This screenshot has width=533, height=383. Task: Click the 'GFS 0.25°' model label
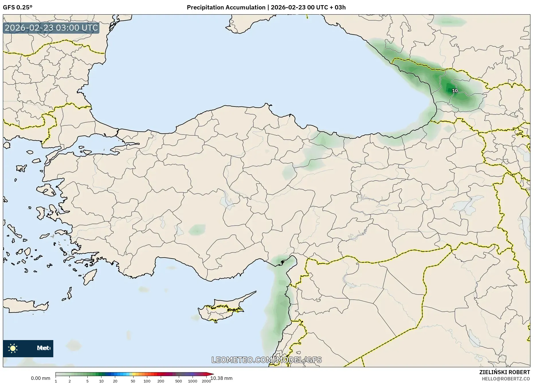pyautogui.click(x=17, y=7)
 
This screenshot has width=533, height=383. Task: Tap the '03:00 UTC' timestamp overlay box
pyautogui.click(x=51, y=28)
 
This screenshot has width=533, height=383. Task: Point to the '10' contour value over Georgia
pyautogui.click(x=455, y=91)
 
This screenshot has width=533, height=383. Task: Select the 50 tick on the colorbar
pyautogui.click(x=133, y=381)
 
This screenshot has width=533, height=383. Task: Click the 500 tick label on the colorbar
pyautogui.click(x=179, y=381)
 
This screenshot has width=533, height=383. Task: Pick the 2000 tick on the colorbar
pyautogui.click(x=206, y=381)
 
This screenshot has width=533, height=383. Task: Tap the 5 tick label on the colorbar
pyautogui.click(x=87, y=381)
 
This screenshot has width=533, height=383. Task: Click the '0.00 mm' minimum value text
pyautogui.click(x=40, y=378)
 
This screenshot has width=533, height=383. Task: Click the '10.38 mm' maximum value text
pyautogui.click(x=222, y=378)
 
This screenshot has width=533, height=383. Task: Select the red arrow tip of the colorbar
pyautogui.click(x=212, y=374)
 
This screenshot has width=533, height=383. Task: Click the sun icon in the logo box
pyautogui.click(x=13, y=348)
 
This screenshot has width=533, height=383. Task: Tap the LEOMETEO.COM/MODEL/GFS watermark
pyautogui.click(x=266, y=360)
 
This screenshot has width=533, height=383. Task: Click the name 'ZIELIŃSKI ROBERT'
pyautogui.click(x=504, y=372)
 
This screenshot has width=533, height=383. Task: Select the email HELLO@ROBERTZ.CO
pyautogui.click(x=505, y=379)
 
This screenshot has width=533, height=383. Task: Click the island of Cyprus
pyautogui.click(x=221, y=311)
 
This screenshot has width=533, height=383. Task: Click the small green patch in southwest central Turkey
pyautogui.click(x=197, y=230)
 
